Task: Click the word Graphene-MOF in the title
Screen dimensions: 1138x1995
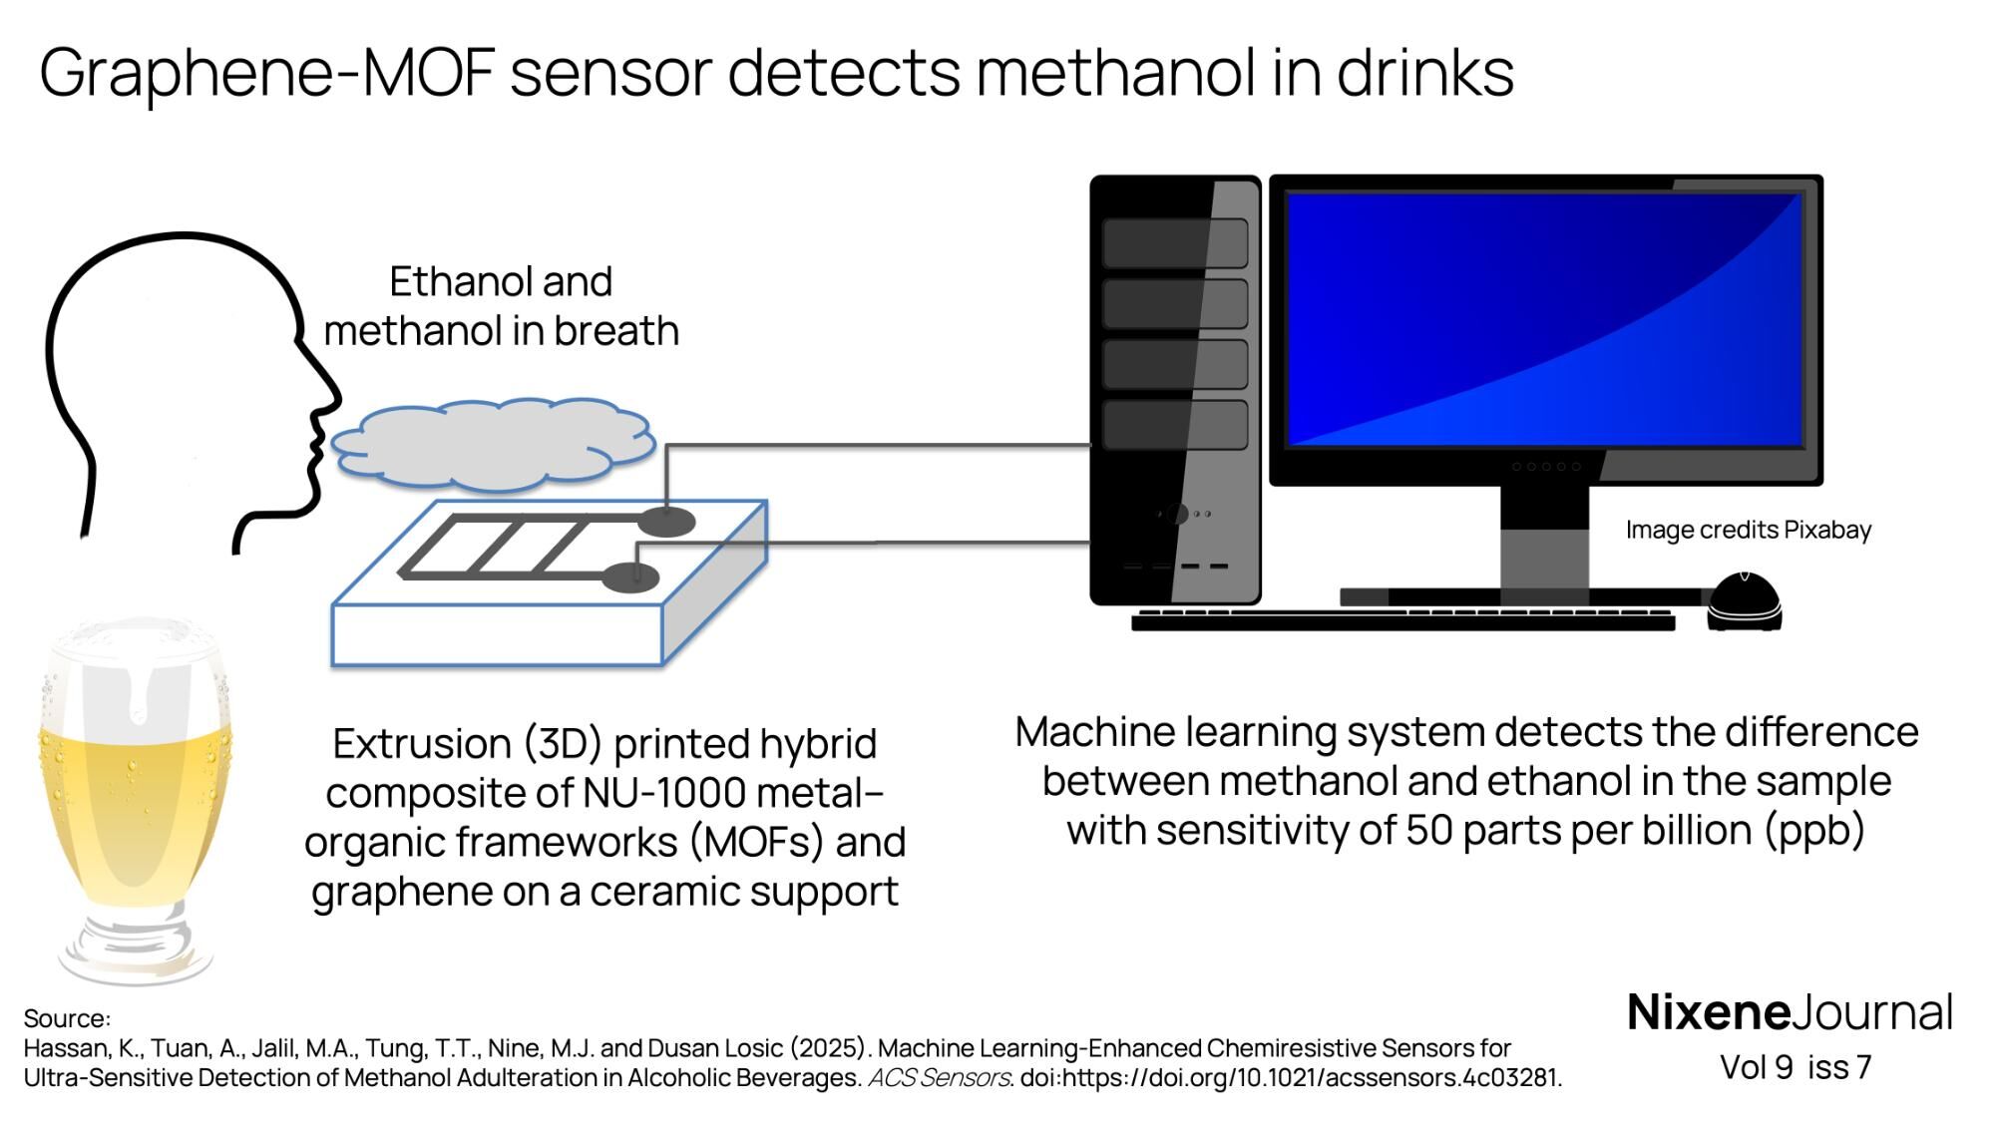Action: coord(266,74)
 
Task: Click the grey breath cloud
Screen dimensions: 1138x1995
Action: coord(492,445)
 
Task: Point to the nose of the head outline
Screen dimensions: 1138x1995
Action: coord(333,399)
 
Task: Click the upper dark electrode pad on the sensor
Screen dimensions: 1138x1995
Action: coord(666,521)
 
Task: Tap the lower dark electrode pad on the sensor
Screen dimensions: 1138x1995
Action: coord(631,577)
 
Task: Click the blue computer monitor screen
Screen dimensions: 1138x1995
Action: coord(1544,319)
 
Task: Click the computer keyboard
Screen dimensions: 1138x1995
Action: coord(1401,620)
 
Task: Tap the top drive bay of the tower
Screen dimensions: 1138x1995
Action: coord(1174,242)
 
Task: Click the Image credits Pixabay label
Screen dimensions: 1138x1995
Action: coord(1748,530)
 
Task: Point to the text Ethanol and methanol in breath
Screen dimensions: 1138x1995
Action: coord(501,306)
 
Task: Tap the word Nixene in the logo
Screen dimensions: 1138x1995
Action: coord(1709,1012)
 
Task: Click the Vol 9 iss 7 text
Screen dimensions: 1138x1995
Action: coord(1795,1067)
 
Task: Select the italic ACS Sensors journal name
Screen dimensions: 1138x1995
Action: coord(939,1078)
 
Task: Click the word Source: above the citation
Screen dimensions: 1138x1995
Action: coord(67,1018)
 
